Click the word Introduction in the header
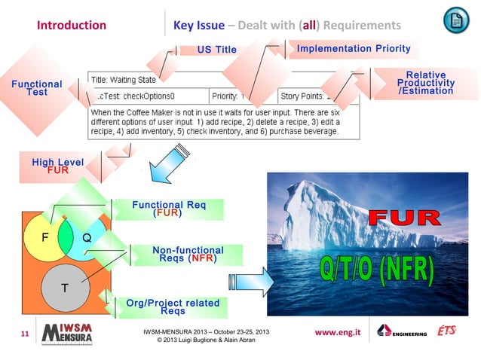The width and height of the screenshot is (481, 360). [72, 25]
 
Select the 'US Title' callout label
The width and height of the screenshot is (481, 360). [216, 50]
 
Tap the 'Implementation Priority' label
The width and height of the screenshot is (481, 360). [354, 49]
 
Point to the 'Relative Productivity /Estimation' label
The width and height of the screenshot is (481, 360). [425, 83]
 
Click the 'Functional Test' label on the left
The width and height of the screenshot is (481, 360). [36, 88]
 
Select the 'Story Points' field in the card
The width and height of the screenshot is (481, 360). [309, 96]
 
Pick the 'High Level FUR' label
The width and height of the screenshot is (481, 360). [57, 166]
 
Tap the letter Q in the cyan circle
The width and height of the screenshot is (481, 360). [87, 236]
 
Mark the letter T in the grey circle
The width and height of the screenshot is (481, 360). [66, 288]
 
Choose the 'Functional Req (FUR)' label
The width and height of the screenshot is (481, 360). [167, 209]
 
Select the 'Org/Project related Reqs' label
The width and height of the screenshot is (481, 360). [173, 307]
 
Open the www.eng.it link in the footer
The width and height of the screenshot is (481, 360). [338, 331]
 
